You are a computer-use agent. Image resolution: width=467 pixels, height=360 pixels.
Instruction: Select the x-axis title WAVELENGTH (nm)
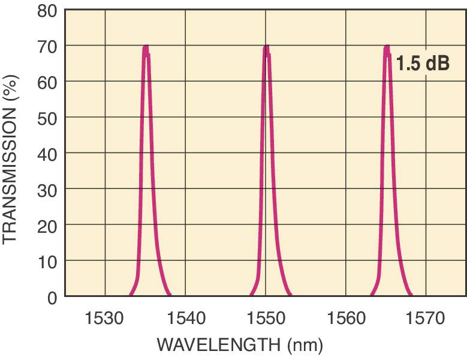pyautogui.click(x=240, y=345)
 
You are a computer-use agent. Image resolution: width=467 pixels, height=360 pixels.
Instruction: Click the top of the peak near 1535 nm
pyautogui.click(x=145, y=47)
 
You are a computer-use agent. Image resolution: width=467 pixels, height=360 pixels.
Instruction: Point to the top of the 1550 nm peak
pyautogui.click(x=266, y=47)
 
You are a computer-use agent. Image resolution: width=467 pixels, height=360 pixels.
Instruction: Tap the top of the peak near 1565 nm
pyautogui.click(x=387, y=47)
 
